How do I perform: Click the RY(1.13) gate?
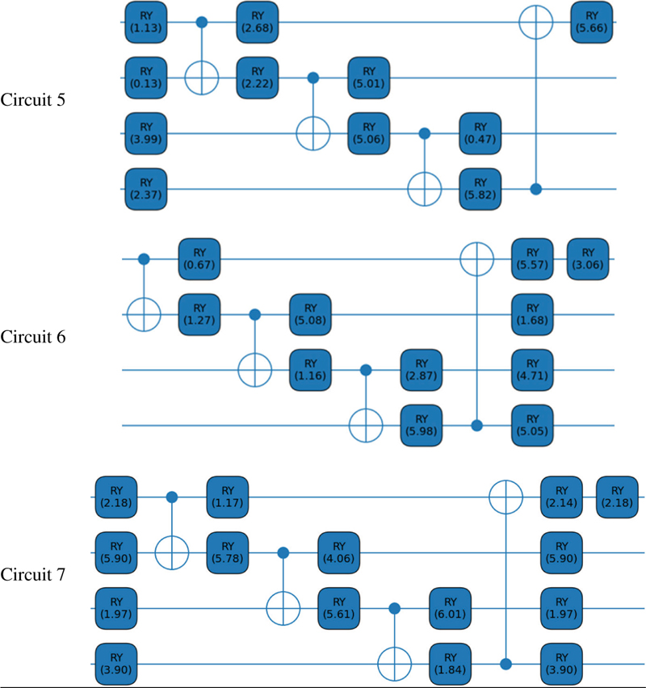[146, 23]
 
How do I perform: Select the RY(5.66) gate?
[592, 23]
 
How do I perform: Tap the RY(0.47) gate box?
[480, 133]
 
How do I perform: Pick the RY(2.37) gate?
[146, 189]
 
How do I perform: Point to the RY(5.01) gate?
[369, 78]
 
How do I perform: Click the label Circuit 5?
[33, 100]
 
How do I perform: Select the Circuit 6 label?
[33, 337]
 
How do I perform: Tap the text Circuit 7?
[33, 574]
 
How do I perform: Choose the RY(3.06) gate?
[588, 259]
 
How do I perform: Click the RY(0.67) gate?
[199, 259]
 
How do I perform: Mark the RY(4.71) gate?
[532, 371]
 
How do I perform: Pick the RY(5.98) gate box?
[422, 426]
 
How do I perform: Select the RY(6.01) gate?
[451, 609]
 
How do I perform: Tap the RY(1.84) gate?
[451, 665]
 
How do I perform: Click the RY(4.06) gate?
[339, 553]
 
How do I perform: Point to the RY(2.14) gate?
[562, 497]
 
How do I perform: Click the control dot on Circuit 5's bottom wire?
[536, 189]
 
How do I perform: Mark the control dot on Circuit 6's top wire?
[144, 259]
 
